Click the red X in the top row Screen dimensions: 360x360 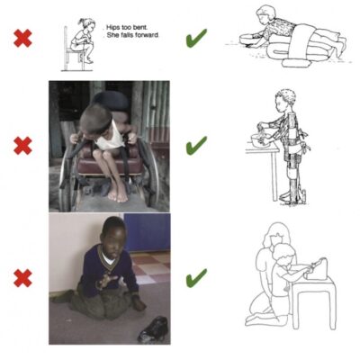pyautogui.click(x=22, y=38)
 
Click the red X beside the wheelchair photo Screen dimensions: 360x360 pyautogui.click(x=22, y=146)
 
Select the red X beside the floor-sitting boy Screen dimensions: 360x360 pyautogui.click(x=22, y=278)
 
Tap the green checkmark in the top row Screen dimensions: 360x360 pyautogui.click(x=196, y=38)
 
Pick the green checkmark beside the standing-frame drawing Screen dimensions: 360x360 pyautogui.click(x=196, y=145)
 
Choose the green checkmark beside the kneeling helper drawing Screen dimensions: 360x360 pyautogui.click(x=196, y=278)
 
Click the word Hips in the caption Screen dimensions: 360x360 pyautogui.click(x=113, y=28)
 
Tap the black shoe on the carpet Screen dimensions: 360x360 pyautogui.click(x=153, y=329)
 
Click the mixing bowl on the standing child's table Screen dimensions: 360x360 pyautogui.click(x=260, y=140)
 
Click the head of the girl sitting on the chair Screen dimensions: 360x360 pyautogui.click(x=87, y=25)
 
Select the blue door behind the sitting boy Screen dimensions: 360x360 pyautogui.click(x=147, y=232)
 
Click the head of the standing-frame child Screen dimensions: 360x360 pyautogui.click(x=285, y=100)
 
